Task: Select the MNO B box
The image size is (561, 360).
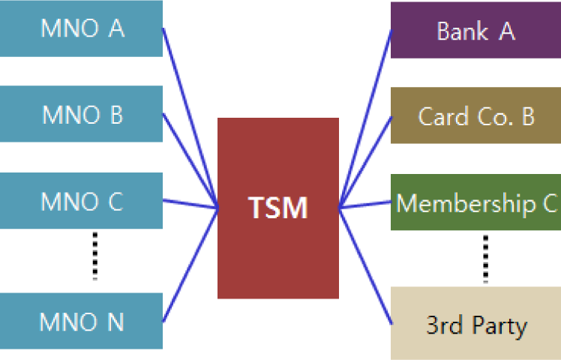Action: click(81, 114)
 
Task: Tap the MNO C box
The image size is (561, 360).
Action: click(81, 201)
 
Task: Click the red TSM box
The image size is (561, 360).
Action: click(277, 208)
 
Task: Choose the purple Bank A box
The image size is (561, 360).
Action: click(475, 31)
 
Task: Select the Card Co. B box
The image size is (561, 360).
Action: click(475, 115)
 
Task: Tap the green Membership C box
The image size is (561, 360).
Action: click(475, 202)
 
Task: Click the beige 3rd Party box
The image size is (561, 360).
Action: click(475, 323)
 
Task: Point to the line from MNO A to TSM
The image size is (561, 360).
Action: click(190, 118)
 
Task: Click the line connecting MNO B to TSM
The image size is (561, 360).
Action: click(190, 160)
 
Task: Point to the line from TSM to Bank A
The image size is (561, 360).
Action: click(365, 118)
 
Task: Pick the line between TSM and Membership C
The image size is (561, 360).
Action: click(365, 204)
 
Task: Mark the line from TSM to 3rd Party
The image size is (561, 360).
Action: click(365, 265)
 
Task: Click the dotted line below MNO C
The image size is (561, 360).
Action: click(94, 255)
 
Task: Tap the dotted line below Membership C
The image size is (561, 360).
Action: click(485, 259)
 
